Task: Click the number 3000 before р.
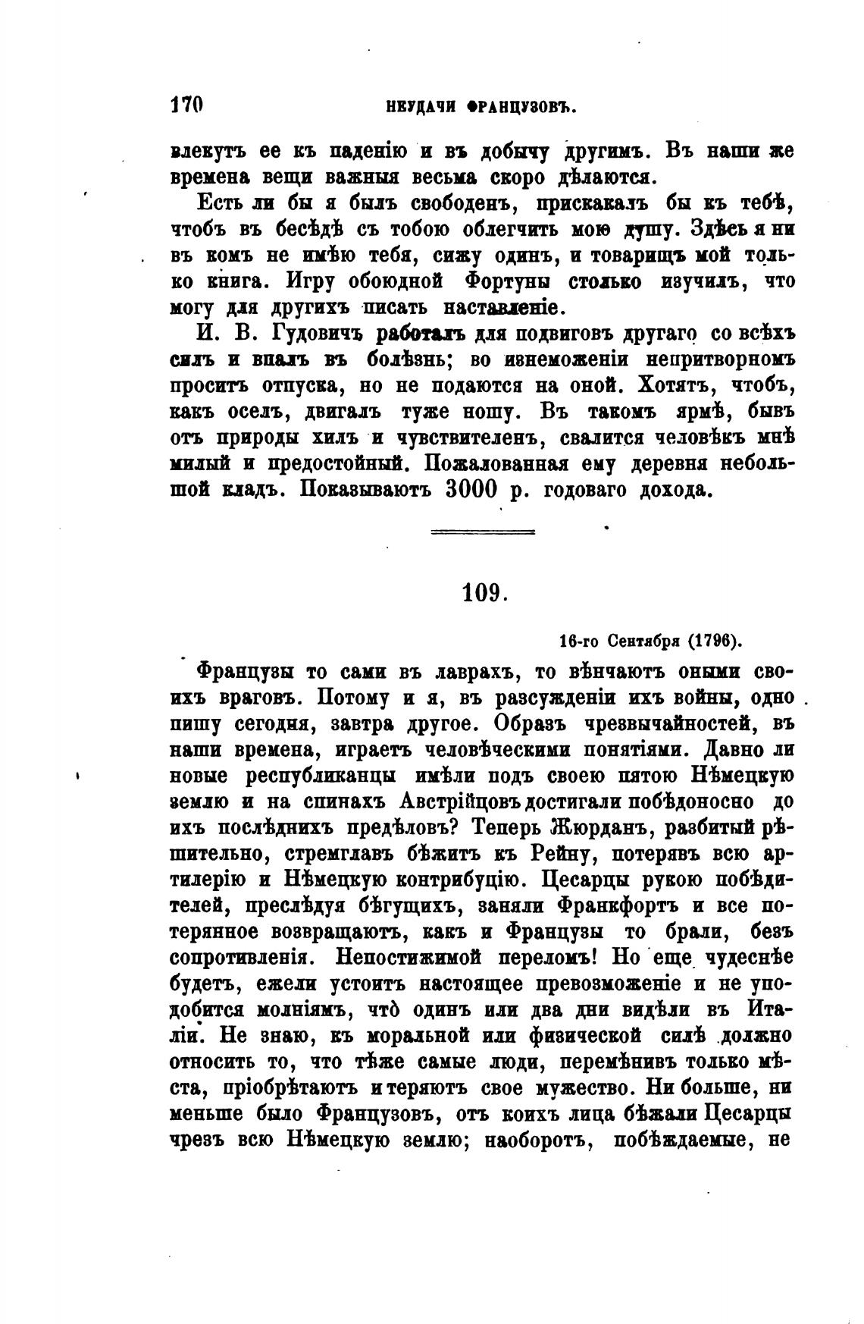[x=471, y=490]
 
